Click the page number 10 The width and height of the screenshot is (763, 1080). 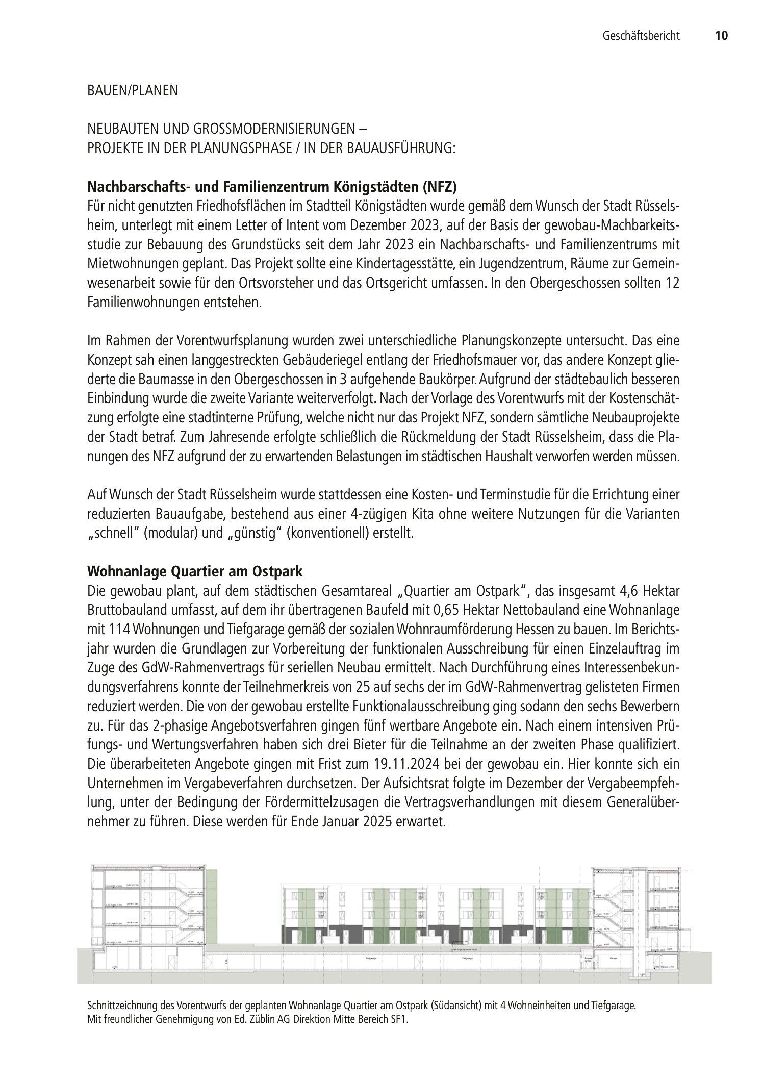pyautogui.click(x=721, y=36)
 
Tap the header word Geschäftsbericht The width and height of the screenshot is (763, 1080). pyautogui.click(x=641, y=36)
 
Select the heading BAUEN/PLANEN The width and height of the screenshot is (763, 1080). pyautogui.click(x=133, y=91)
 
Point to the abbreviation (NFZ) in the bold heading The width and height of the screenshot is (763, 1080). pyautogui.click(x=439, y=187)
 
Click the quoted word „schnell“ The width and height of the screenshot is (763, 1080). pyautogui.click(x=114, y=534)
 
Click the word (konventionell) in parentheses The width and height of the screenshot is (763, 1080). pyautogui.click(x=327, y=534)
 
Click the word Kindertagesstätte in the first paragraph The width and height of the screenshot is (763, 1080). pyautogui.click(x=402, y=264)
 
